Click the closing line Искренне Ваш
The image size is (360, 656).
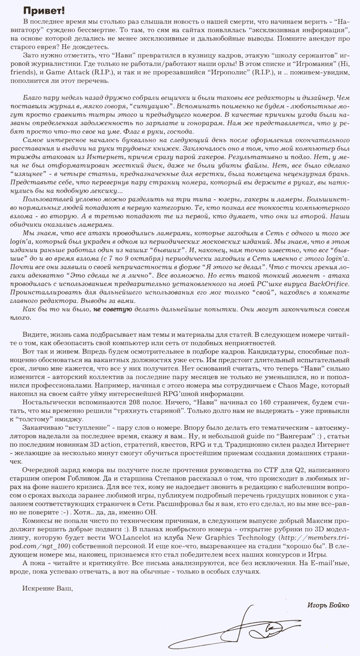pos(44,588)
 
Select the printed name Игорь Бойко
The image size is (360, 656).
pos(328,605)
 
